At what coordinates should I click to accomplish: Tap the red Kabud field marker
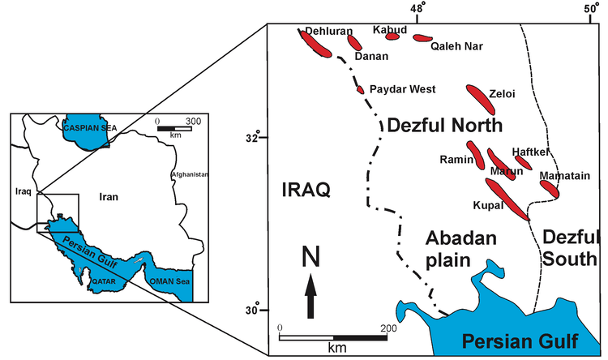click(x=393, y=36)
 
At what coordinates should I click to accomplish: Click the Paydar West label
click(x=402, y=89)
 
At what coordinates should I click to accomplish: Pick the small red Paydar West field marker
click(x=361, y=88)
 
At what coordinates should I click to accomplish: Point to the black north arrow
click(x=310, y=296)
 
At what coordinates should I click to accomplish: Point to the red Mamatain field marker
click(x=550, y=188)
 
